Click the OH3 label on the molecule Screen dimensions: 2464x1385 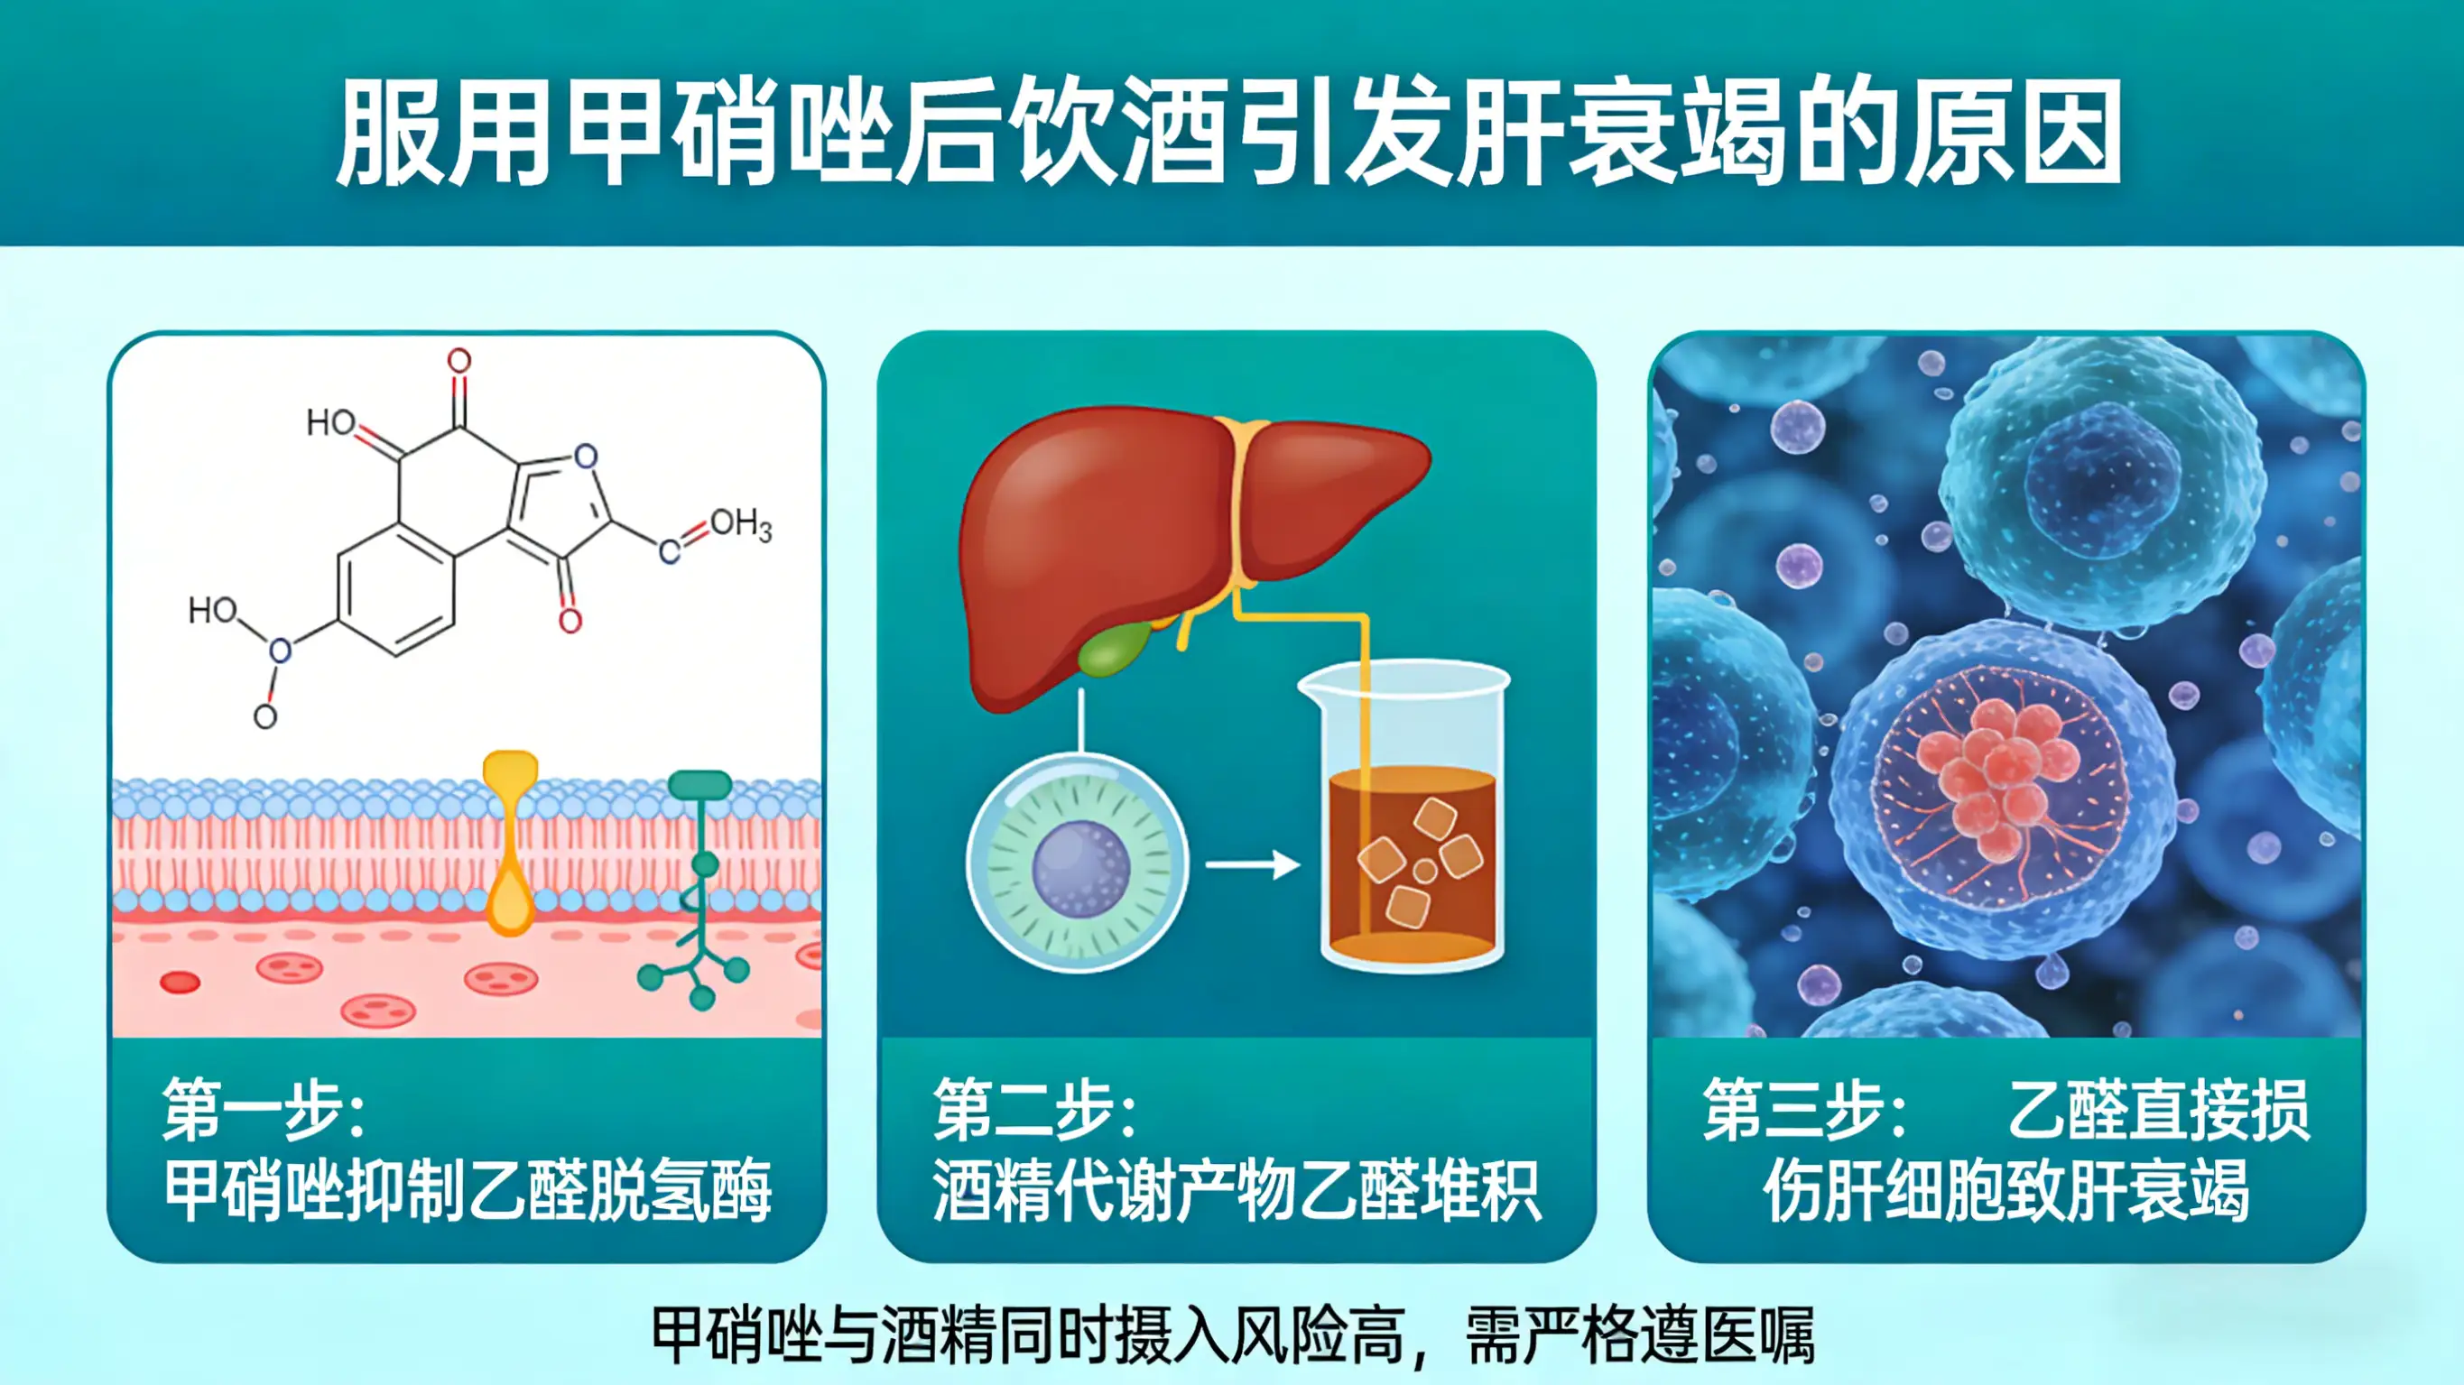click(740, 524)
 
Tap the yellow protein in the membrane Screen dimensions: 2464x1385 click(510, 842)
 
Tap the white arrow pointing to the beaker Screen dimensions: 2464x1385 click(1252, 865)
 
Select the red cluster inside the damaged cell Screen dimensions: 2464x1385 click(1999, 775)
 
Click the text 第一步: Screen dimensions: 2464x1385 click(264, 1110)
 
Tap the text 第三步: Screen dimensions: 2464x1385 click(1804, 1110)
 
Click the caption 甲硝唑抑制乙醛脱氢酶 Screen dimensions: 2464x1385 click(468, 1192)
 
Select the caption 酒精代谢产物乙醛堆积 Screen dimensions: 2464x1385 click(1237, 1192)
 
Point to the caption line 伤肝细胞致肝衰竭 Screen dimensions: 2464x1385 click(2005, 1192)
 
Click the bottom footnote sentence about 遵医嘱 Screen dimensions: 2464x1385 click(1233, 1335)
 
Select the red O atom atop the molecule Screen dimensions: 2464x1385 click(460, 361)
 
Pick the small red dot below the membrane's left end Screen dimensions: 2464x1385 click(180, 983)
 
